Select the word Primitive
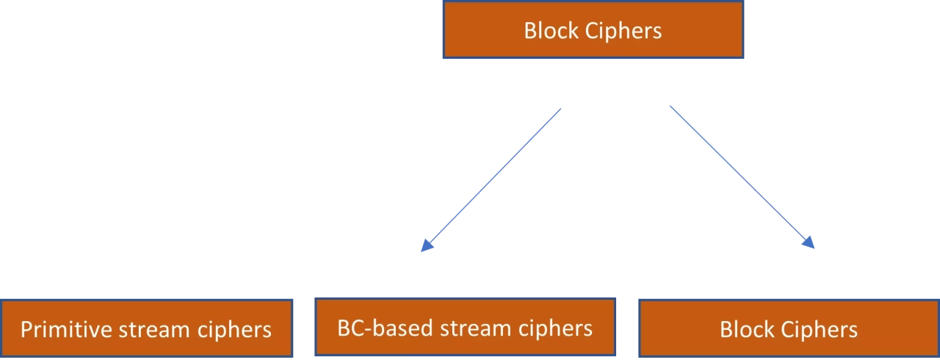click(x=65, y=329)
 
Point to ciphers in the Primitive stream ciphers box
click(x=234, y=329)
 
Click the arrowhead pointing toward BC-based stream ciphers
click(x=424, y=246)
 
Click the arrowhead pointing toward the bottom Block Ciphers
click(x=809, y=245)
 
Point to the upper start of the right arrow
click(x=668, y=104)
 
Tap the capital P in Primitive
click(x=26, y=329)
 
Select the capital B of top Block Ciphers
click(x=529, y=31)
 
